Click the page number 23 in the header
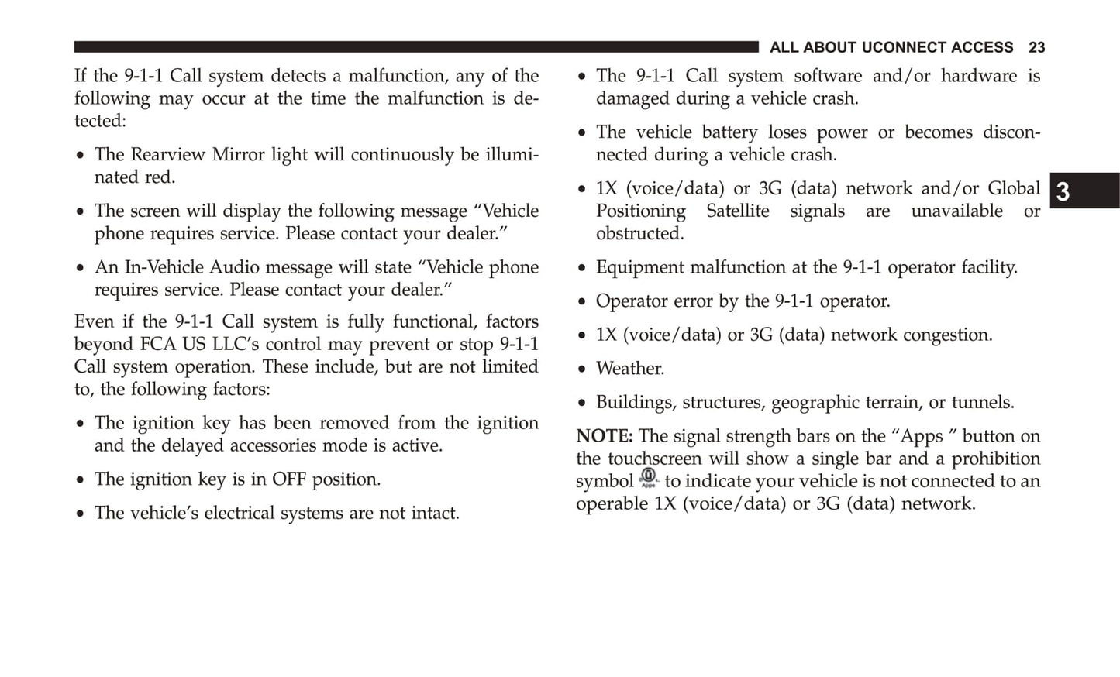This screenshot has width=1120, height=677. pyautogui.click(x=1036, y=48)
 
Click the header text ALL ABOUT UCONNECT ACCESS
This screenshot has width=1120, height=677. pyautogui.click(x=891, y=48)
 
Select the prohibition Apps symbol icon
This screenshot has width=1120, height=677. pyautogui.click(x=648, y=478)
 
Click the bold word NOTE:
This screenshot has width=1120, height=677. pyautogui.click(x=605, y=436)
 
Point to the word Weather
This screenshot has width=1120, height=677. pyautogui.click(x=629, y=369)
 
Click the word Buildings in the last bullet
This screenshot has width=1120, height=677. pyautogui.click(x=632, y=403)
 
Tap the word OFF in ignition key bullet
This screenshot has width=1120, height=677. pyautogui.click(x=288, y=479)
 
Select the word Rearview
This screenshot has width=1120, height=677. pyautogui.click(x=170, y=155)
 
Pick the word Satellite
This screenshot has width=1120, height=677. pyautogui.click(x=737, y=211)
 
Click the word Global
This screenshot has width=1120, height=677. pyautogui.click(x=1013, y=189)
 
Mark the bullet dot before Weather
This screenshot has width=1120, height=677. pyautogui.click(x=582, y=369)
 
